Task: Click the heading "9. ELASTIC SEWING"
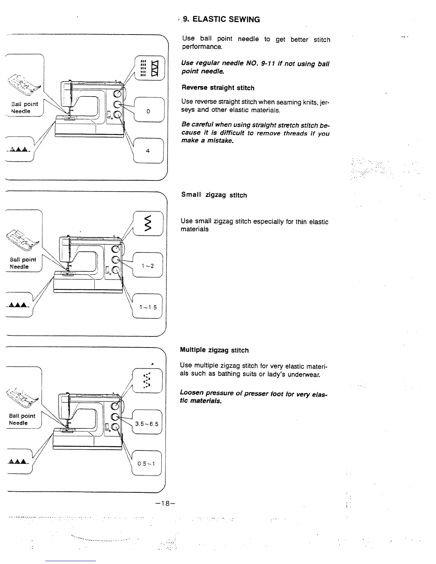pyautogui.click(x=221, y=20)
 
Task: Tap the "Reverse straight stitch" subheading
pyautogui.click(x=218, y=88)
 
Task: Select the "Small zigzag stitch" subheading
pyautogui.click(x=214, y=195)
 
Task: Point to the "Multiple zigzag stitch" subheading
pyautogui.click(x=214, y=350)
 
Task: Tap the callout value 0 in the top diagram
pyautogui.click(x=148, y=111)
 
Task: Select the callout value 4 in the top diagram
pyautogui.click(x=148, y=151)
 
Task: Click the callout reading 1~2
pyautogui.click(x=147, y=266)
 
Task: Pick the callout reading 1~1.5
pyautogui.click(x=148, y=307)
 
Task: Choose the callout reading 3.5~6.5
pyautogui.click(x=147, y=424)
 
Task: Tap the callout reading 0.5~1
pyautogui.click(x=146, y=464)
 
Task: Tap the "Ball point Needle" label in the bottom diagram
pyautogui.click(x=22, y=419)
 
